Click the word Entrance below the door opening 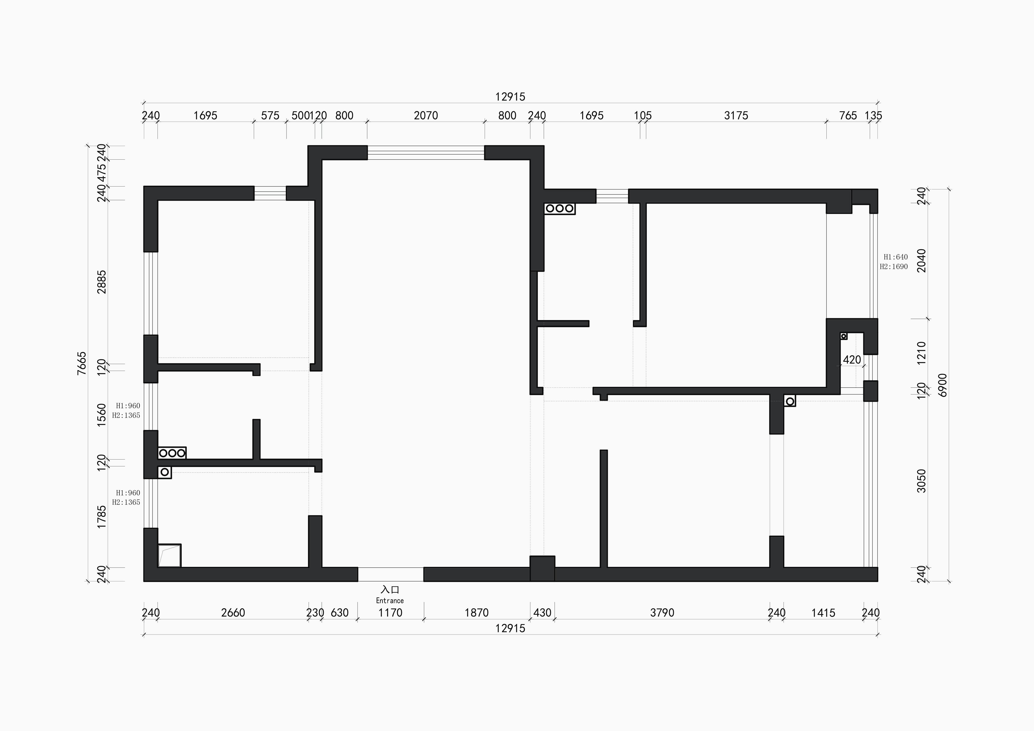[390, 600]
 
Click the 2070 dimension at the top [426, 116]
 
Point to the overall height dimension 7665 [81, 363]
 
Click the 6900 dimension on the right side [943, 385]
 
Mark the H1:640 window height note [896, 257]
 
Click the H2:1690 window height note [894, 267]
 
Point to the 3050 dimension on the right [921, 481]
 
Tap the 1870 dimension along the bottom [476, 613]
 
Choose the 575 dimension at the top [270, 116]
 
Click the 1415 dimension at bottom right [823, 613]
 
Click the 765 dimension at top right [848, 116]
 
